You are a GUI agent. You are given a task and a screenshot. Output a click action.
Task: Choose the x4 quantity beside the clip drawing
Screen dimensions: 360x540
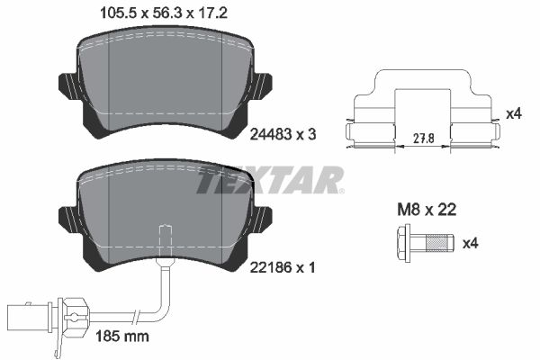514,113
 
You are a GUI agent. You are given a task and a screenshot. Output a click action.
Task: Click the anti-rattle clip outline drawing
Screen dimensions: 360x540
424,112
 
